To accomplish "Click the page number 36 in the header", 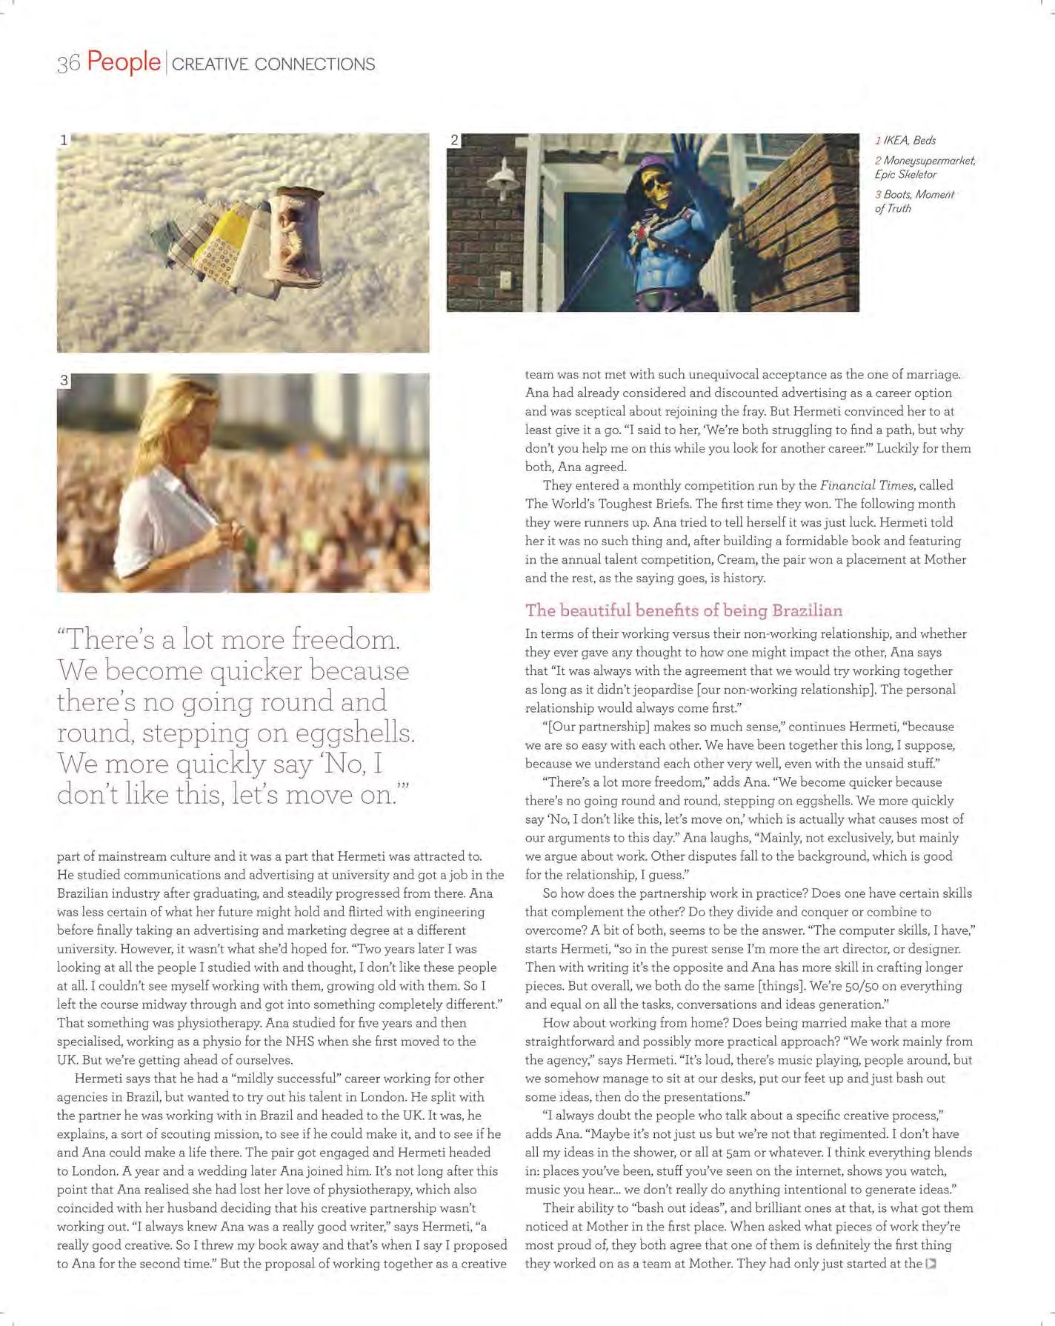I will coord(68,64).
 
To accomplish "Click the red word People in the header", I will coord(123,61).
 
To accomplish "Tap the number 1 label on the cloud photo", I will coord(64,139).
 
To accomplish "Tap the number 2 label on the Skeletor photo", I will coord(454,140).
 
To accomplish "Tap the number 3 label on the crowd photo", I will coord(64,380).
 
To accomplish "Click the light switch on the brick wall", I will coord(506,281).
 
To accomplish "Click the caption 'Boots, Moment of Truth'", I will coord(915,201).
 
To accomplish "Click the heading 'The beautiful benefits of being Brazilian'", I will coord(683,610).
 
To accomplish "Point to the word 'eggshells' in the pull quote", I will coord(354,733).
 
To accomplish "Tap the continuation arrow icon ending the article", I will coord(931,1264).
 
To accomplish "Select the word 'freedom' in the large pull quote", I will coord(344,639).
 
